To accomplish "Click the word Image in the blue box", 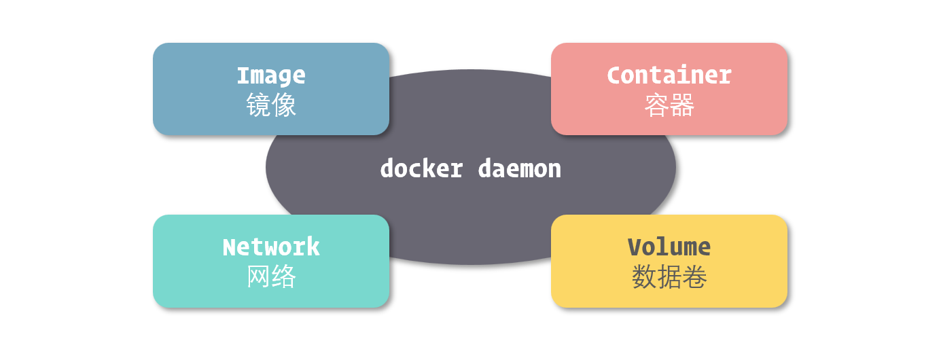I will [x=271, y=75].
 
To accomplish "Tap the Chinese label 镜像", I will [x=271, y=105].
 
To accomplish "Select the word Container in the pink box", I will [x=669, y=75].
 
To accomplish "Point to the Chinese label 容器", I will [x=669, y=105].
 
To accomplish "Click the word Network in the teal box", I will [x=271, y=247].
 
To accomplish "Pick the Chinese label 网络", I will [x=271, y=277].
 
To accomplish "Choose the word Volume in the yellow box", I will [x=669, y=247].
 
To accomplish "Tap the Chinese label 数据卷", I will [x=669, y=277].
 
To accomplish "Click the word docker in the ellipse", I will [x=421, y=168].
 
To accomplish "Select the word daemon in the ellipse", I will [x=520, y=168].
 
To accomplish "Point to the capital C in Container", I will [x=614, y=75].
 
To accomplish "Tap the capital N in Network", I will [x=230, y=247].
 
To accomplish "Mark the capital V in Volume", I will [x=635, y=247].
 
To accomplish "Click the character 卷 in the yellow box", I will [x=695, y=277].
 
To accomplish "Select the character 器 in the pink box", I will [x=682, y=105].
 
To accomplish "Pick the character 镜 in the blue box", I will [x=258, y=105].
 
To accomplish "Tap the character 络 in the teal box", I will [x=284, y=277].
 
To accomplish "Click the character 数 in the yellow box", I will [x=644, y=277].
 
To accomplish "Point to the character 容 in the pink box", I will [x=657, y=105].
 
